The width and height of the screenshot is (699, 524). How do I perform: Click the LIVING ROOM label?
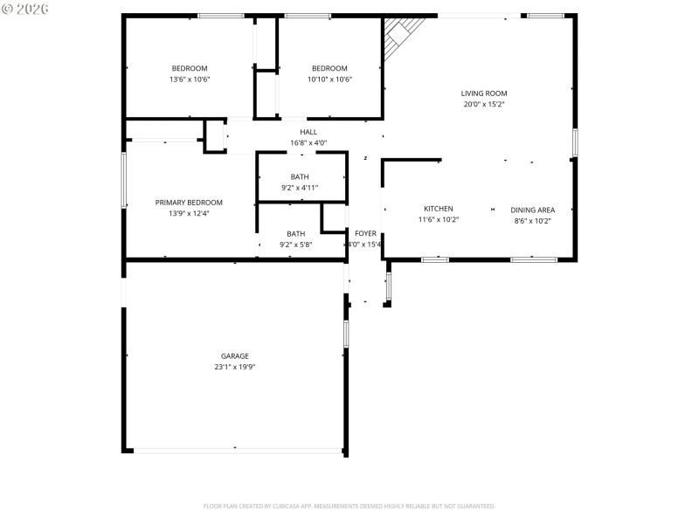[x=484, y=93]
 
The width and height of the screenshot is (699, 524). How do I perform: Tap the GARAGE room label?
[x=234, y=356]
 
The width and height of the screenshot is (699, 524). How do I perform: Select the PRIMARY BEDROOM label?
[x=189, y=203]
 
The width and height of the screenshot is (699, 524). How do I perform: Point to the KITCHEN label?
[x=438, y=209]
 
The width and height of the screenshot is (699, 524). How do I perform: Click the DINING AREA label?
[x=532, y=210]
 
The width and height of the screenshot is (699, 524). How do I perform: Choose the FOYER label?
[x=365, y=233]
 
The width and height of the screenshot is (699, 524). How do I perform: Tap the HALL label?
[x=308, y=132]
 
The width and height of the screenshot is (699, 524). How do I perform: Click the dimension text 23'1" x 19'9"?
[x=234, y=367]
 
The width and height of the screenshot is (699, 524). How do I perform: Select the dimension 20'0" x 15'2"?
[x=484, y=104]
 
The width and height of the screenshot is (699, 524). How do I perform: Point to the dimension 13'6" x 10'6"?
[x=190, y=79]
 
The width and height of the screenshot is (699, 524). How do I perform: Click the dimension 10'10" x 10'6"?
[x=329, y=79]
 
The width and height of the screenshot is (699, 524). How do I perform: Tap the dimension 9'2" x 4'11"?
[x=299, y=188]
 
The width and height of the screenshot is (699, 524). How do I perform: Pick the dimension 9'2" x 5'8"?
[x=296, y=245]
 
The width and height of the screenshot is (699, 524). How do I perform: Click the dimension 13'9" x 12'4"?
[x=189, y=213]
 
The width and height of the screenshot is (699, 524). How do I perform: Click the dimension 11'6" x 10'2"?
[x=438, y=220]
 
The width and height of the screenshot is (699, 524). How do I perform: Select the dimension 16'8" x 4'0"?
[x=308, y=142]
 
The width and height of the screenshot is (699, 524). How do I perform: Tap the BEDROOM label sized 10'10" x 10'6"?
[x=329, y=69]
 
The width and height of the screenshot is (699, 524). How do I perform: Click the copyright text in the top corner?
[x=25, y=8]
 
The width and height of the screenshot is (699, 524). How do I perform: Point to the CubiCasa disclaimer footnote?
[x=349, y=506]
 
